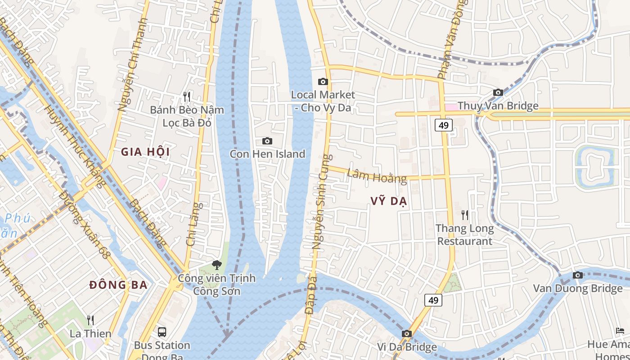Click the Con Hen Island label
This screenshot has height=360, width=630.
[267, 154]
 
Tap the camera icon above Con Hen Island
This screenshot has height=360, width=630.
[267, 141]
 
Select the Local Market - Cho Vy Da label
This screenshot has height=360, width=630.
[323, 101]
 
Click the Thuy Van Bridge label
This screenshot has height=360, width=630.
[498, 106]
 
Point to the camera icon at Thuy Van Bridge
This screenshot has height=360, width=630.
[498, 93]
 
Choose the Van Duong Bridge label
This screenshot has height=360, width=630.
[578, 288]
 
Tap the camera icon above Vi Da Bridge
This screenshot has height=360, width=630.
[407, 333]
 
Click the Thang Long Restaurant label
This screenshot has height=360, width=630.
[464, 234]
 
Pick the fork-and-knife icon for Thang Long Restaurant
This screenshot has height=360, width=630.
[464, 215]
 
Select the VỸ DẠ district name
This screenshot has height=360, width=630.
[389, 201]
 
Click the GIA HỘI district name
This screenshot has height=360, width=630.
[145, 152]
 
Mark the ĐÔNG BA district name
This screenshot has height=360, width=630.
[118, 285]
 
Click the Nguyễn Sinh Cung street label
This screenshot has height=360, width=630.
[322, 202]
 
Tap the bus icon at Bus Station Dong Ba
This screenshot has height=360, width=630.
[162, 333]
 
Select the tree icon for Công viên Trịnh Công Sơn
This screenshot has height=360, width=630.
[216, 265]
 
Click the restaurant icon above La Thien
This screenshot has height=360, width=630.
[90, 320]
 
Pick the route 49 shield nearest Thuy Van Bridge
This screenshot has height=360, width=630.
[443, 125]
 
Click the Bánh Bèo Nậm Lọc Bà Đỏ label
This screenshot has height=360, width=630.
[187, 116]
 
